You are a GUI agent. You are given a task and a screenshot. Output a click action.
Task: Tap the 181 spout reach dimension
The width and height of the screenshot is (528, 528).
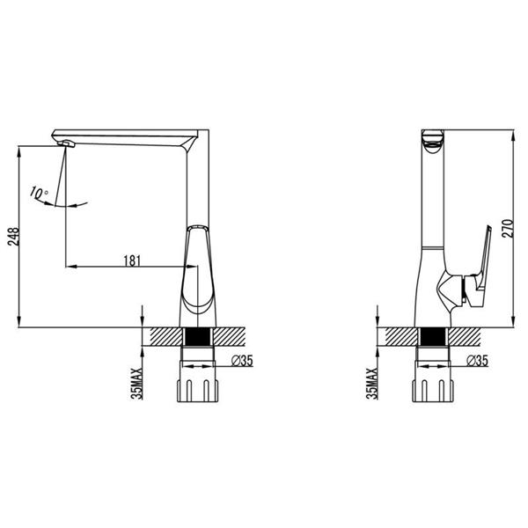click(132, 260)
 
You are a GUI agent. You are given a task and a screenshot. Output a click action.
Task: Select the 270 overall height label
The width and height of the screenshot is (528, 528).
click(508, 229)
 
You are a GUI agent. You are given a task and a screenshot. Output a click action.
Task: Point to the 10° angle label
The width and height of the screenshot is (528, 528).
click(39, 193)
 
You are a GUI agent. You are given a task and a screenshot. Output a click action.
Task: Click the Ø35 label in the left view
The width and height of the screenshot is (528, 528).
click(242, 361)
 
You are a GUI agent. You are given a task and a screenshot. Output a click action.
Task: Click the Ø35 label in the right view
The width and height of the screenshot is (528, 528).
click(477, 361)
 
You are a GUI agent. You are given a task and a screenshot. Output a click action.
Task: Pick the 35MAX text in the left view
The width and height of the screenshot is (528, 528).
click(137, 384)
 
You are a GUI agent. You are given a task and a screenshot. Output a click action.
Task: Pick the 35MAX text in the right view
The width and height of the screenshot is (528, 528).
click(372, 384)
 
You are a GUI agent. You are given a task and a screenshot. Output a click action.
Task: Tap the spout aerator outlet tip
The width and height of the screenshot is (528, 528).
click(66, 143)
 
